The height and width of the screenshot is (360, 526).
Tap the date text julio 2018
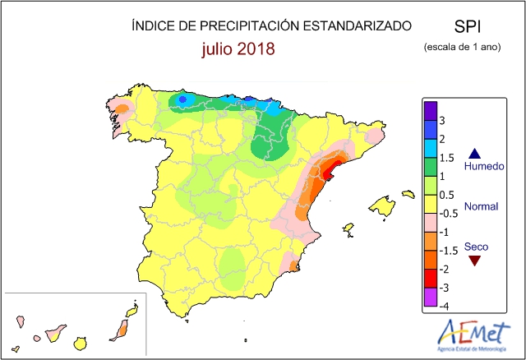(238, 49)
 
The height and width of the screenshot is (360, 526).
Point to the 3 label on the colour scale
(443, 119)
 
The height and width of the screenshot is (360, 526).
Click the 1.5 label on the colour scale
(447, 157)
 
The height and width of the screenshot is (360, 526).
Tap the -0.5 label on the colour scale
(449, 214)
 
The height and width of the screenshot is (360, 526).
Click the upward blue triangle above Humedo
(474, 153)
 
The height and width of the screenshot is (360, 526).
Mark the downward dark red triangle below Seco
(474, 261)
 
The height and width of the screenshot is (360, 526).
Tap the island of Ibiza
(348, 228)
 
